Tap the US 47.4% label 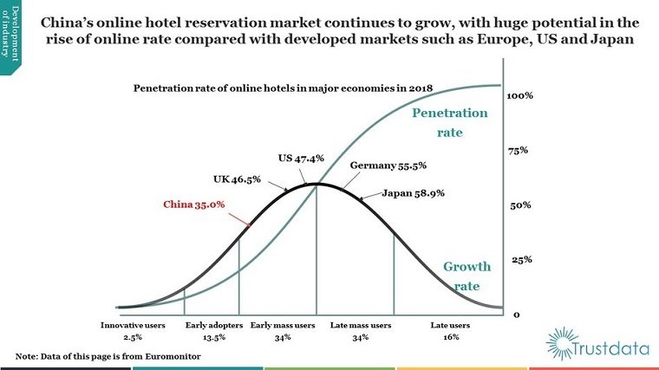[x=301, y=159]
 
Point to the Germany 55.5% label [x=388, y=165]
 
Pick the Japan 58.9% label [x=414, y=194]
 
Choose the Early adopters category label [x=206, y=325]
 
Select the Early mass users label [x=283, y=325]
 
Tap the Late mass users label [x=361, y=325]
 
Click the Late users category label [x=450, y=325]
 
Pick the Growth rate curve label [x=467, y=276]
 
